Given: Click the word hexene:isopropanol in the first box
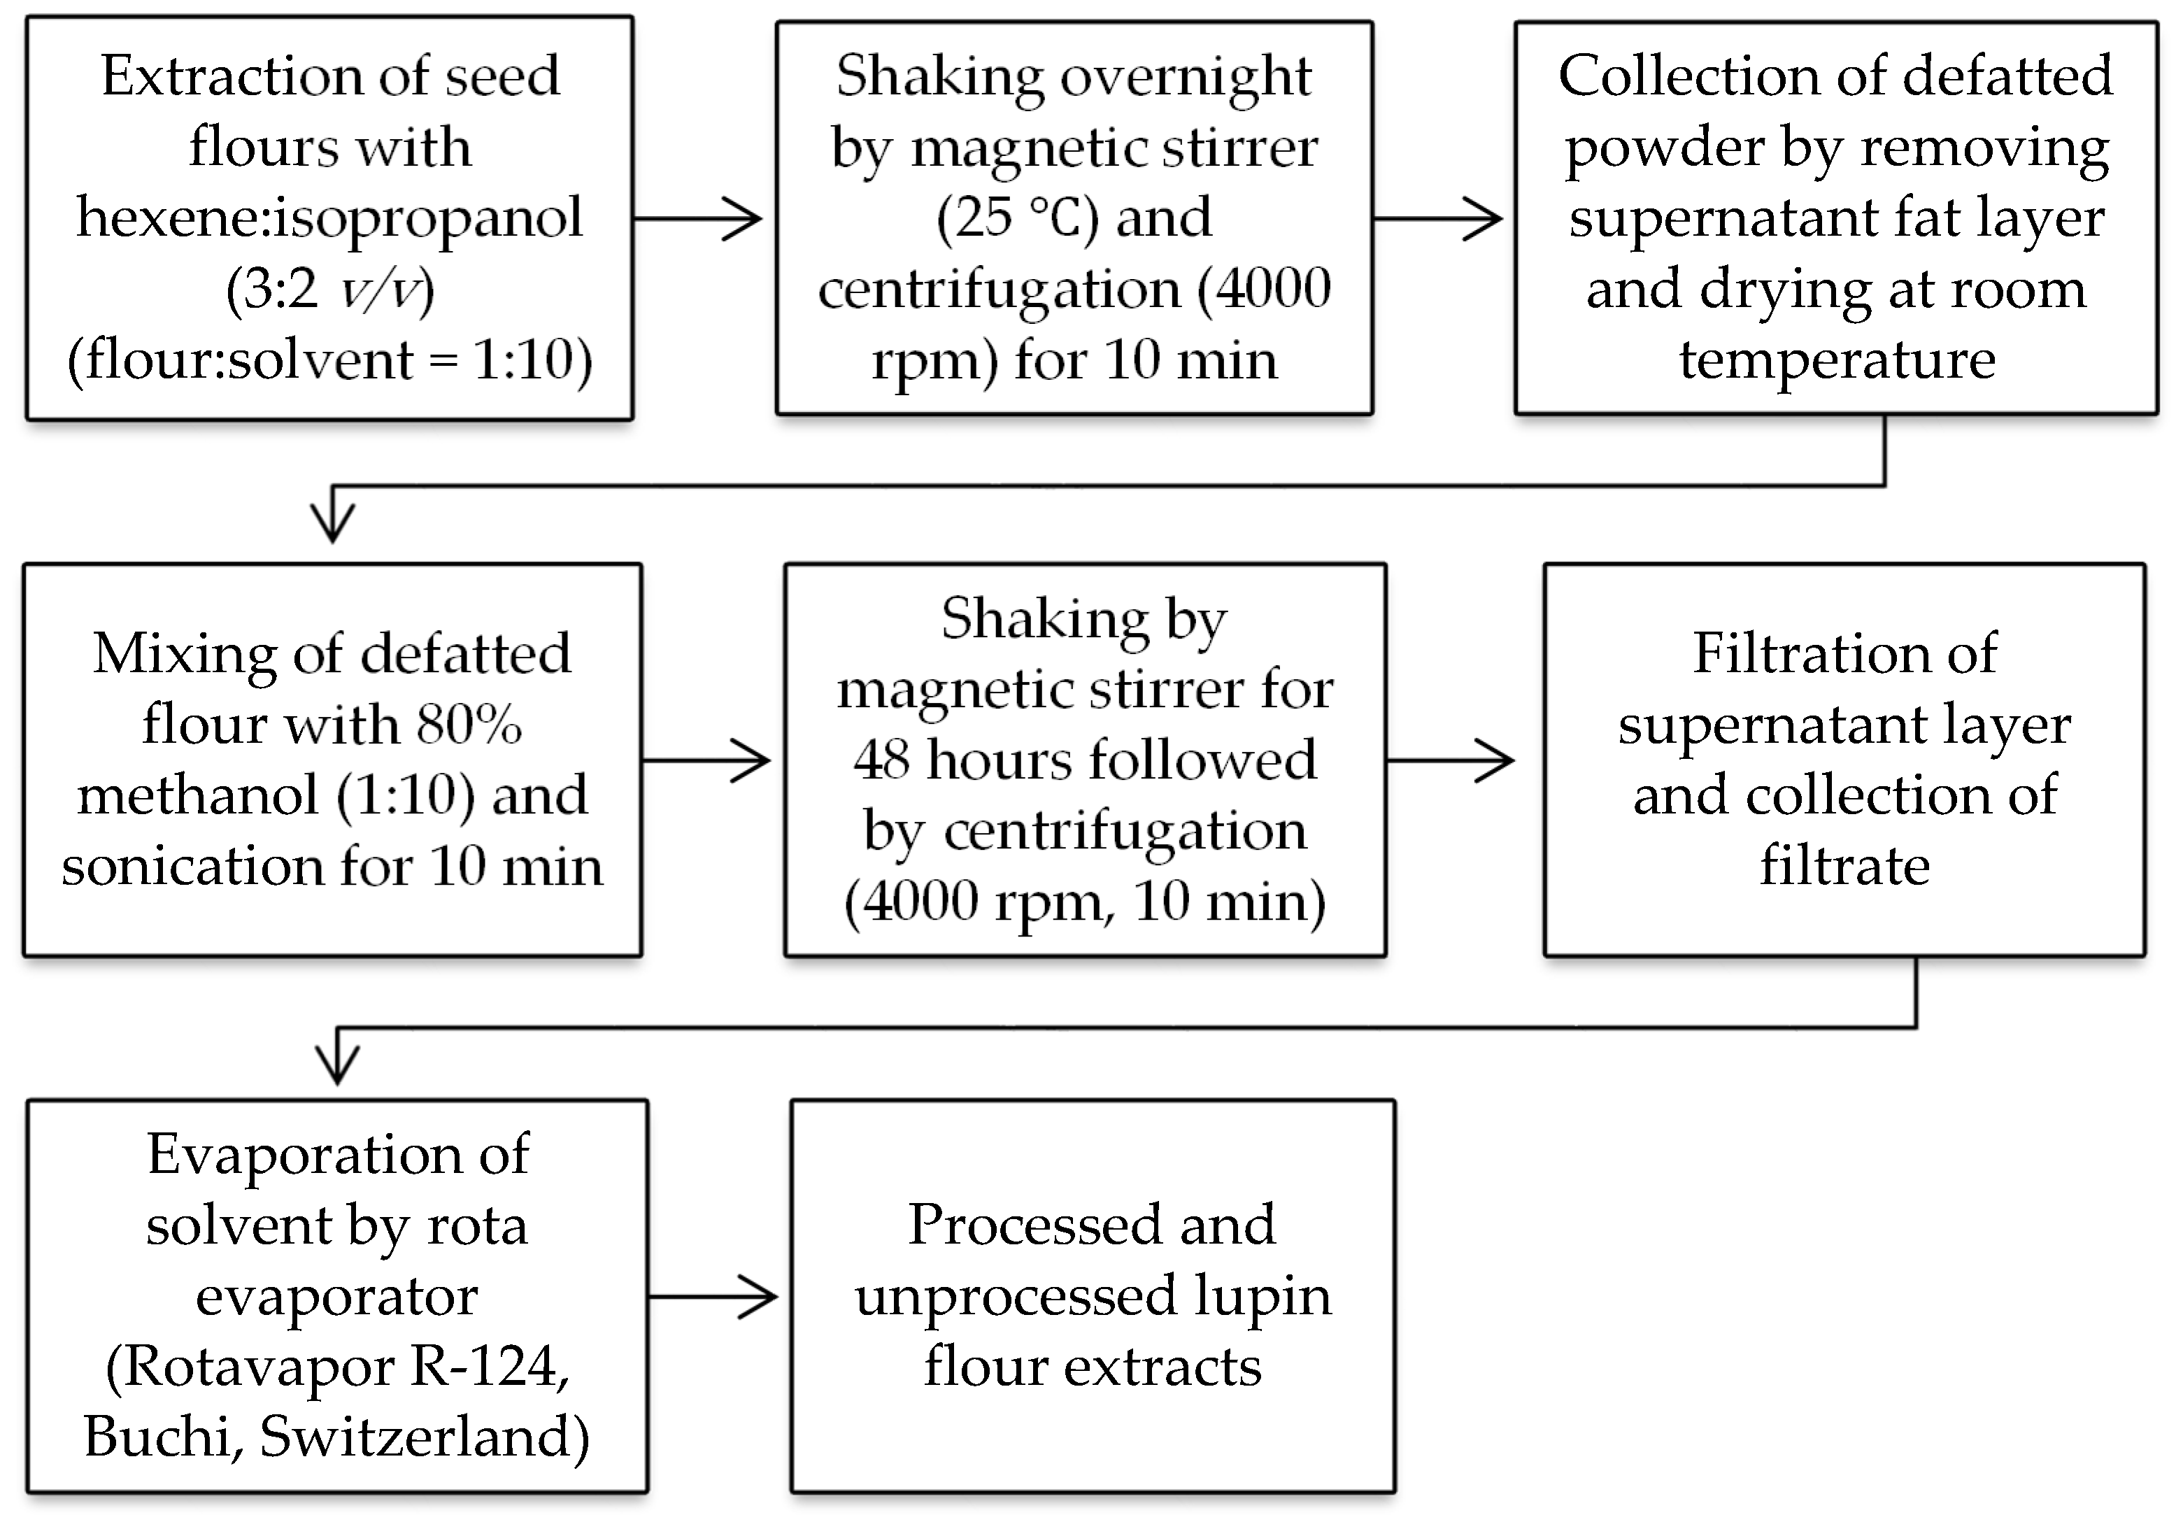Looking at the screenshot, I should [x=329, y=218].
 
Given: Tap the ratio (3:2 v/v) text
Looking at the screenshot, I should [x=329, y=290].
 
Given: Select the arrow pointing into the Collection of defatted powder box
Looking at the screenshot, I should [x=1439, y=218].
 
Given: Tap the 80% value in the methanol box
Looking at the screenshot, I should [x=469, y=725].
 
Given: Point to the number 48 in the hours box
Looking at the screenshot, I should [x=883, y=760].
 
